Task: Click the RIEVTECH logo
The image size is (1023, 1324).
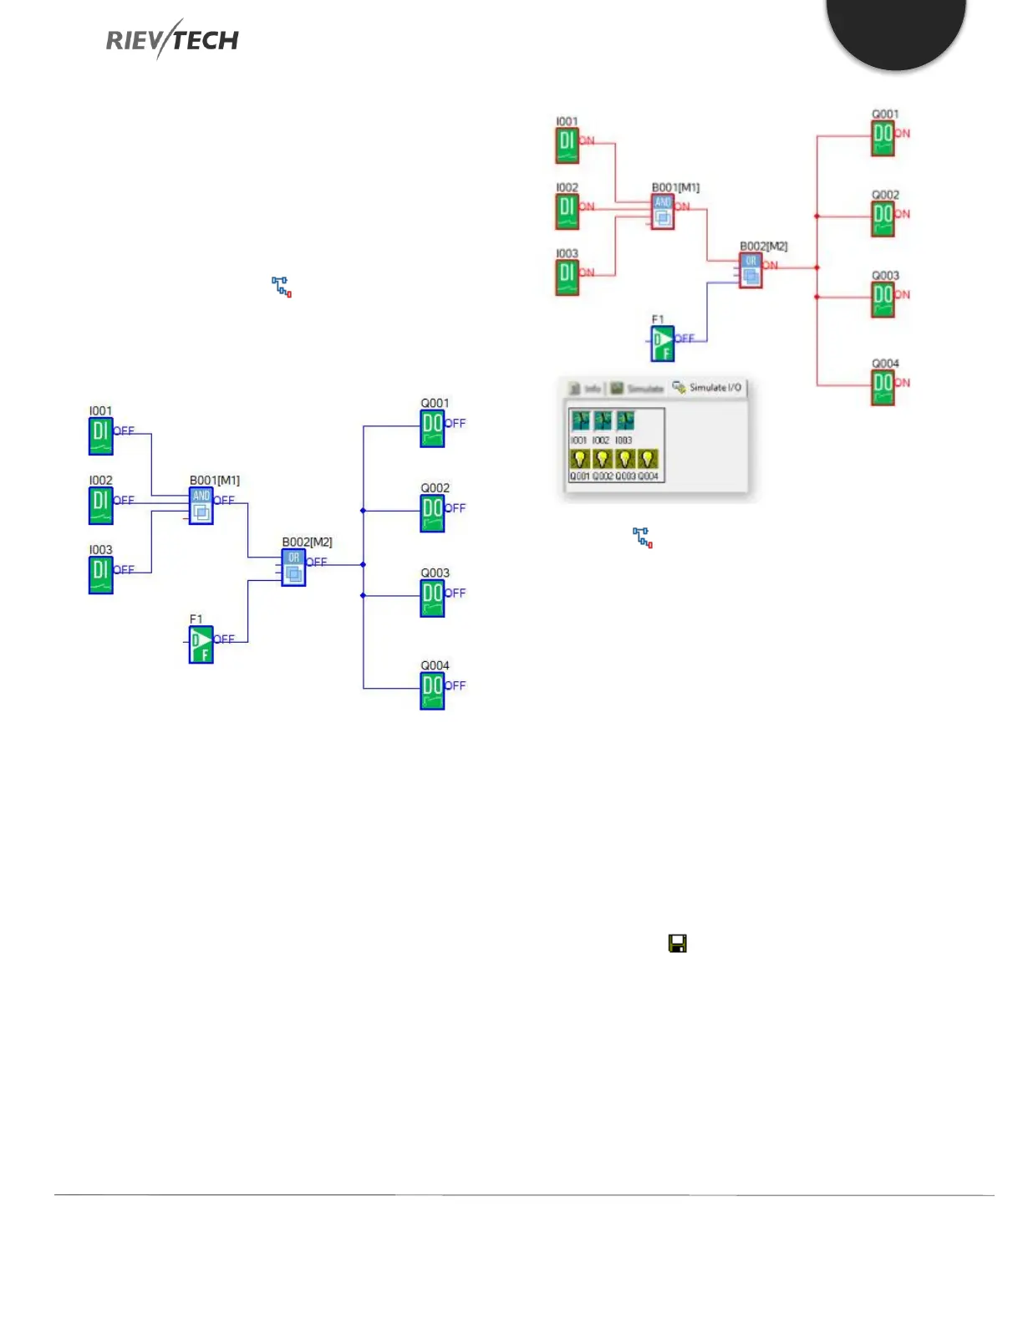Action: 172,39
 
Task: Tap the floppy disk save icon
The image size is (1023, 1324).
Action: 677,944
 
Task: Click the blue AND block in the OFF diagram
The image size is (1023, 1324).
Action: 201,507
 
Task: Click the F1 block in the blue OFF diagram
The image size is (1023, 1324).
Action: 201,644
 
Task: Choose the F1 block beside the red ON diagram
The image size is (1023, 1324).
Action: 662,343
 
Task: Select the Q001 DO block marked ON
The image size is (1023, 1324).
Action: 883,138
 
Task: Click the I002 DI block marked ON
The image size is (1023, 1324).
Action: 567,211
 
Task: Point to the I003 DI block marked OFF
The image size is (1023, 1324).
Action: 101,574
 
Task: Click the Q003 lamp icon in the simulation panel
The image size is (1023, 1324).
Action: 624,459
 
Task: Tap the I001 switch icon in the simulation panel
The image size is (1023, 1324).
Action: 579,420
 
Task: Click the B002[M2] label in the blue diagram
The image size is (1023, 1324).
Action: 307,542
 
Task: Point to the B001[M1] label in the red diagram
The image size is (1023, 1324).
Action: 675,188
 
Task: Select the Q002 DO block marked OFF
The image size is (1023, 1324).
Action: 432,513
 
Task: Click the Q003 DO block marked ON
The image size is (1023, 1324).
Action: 883,299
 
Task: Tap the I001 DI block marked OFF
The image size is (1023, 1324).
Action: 101,435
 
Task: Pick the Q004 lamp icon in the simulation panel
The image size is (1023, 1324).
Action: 648,459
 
